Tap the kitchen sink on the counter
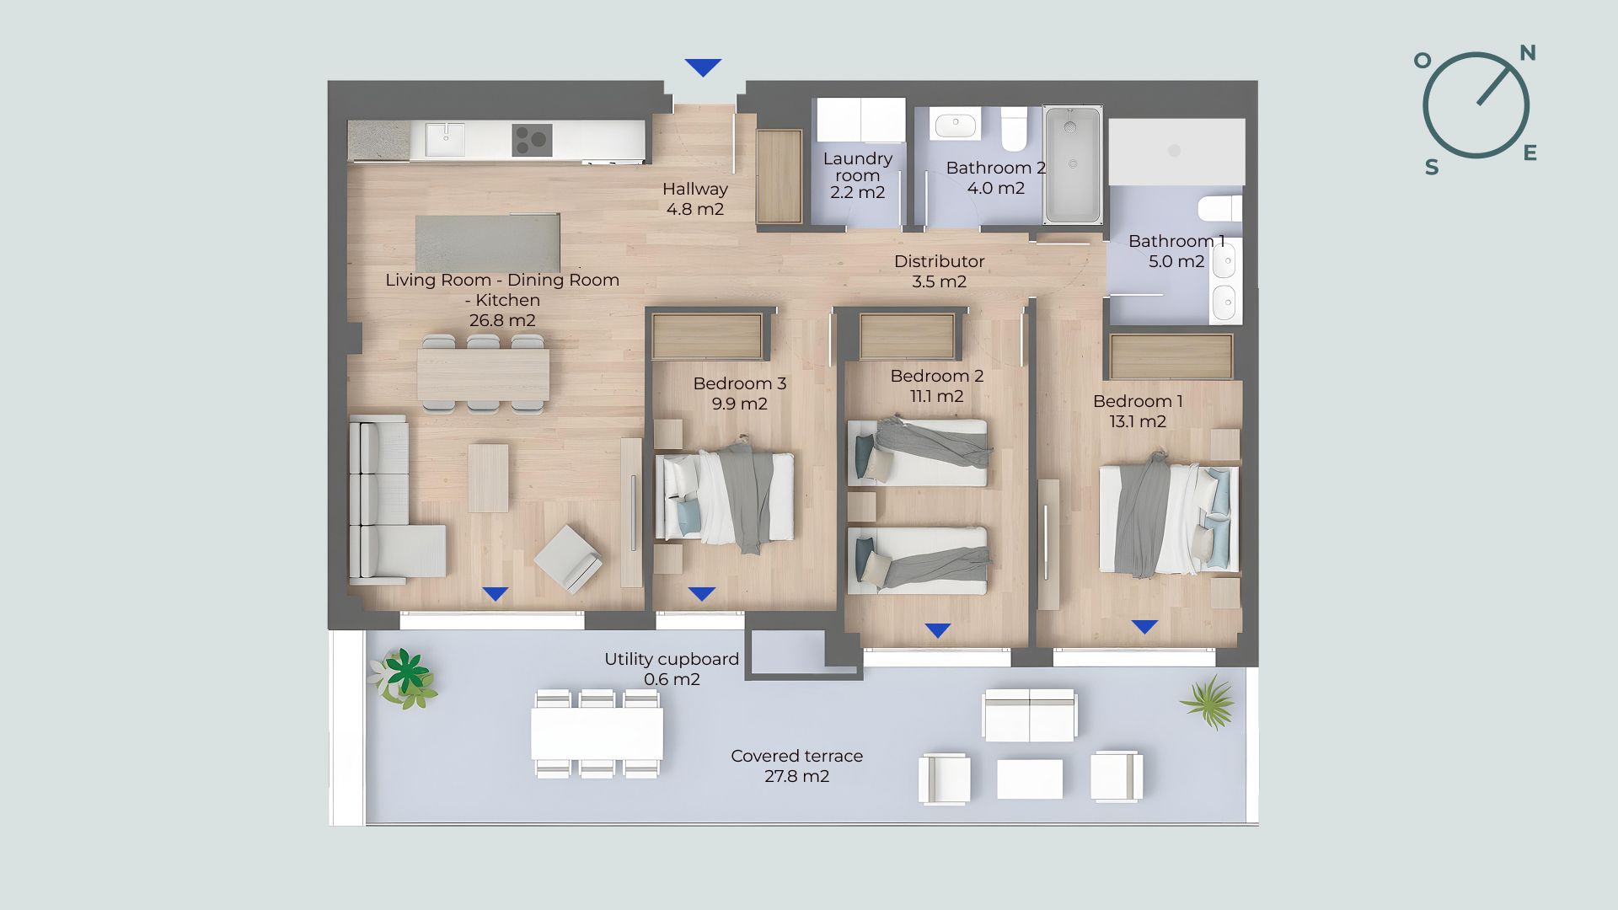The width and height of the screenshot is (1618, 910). click(x=444, y=140)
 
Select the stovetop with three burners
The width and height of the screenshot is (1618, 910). click(x=532, y=140)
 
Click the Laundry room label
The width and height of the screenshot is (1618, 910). click(x=857, y=175)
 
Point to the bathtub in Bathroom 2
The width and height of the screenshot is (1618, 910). click(x=1073, y=165)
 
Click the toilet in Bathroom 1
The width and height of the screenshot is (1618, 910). click(x=1220, y=207)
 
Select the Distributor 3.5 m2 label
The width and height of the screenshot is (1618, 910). click(x=939, y=271)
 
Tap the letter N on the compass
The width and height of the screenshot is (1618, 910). click(x=1527, y=54)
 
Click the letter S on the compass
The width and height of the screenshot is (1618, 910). click(x=1432, y=168)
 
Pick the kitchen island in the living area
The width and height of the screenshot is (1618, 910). click(x=487, y=243)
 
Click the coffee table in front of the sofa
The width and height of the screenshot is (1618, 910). click(x=488, y=478)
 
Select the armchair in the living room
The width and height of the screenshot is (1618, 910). click(x=568, y=559)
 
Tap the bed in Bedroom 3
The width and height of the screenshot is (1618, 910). click(x=724, y=497)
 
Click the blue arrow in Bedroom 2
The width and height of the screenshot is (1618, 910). click(x=937, y=630)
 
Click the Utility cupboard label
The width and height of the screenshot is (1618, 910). click(x=672, y=669)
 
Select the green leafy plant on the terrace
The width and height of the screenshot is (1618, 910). click(x=404, y=677)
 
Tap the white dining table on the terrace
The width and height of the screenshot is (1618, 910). click(x=597, y=733)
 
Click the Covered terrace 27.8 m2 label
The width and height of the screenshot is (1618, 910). click(x=796, y=766)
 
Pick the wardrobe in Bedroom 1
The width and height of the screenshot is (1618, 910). click(x=1171, y=356)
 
